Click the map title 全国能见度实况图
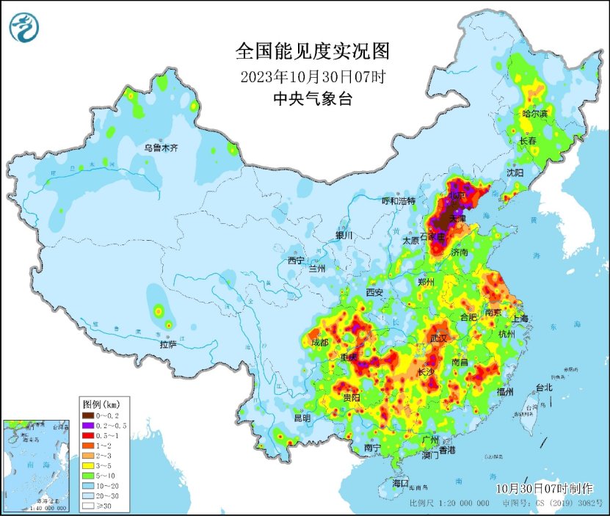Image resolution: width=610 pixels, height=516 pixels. click(312, 51)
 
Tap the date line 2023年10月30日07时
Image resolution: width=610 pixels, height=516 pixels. click(313, 76)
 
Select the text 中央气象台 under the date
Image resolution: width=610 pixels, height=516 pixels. click(312, 99)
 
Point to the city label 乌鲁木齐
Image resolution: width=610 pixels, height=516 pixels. click(161, 148)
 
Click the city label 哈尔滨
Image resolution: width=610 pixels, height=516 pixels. click(534, 114)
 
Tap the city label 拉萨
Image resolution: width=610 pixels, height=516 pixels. click(168, 344)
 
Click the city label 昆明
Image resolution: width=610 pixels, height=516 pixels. click(302, 418)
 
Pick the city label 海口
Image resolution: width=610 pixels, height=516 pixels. click(400, 483)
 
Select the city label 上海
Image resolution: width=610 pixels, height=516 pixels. click(520, 319)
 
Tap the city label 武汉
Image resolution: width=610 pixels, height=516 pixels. click(439, 338)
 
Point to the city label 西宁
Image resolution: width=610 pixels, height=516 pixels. click(296, 261)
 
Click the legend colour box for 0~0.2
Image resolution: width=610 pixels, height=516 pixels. click(88, 417)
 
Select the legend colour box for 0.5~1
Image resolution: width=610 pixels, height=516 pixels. click(88, 435)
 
